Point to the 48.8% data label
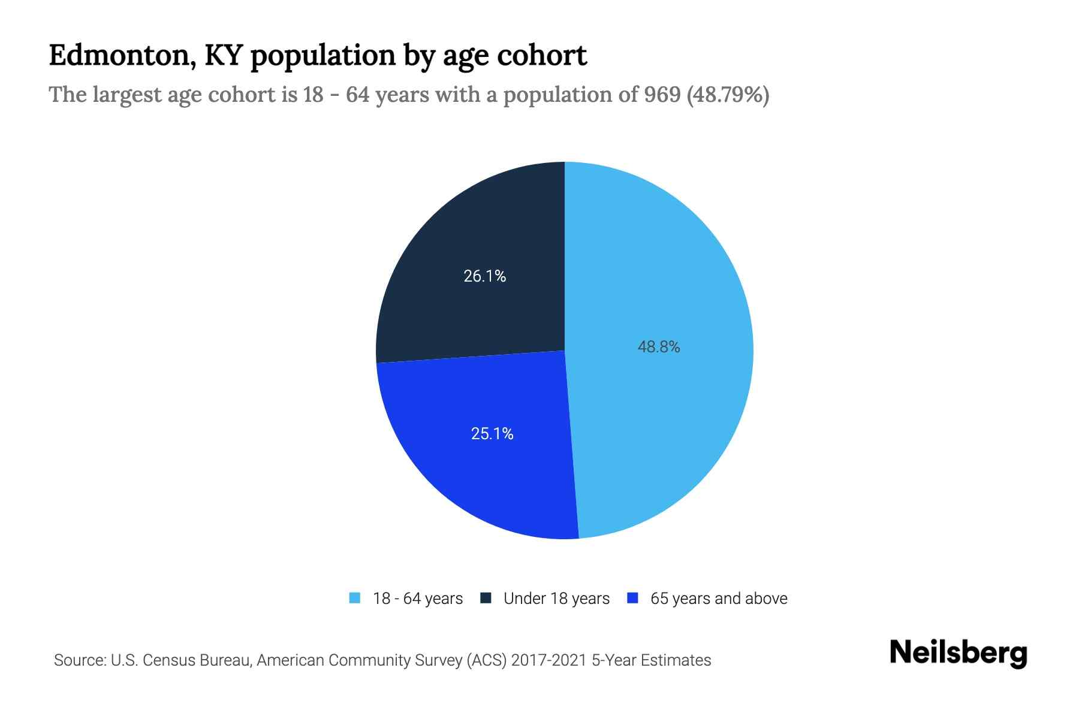coord(659,347)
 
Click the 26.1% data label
coord(484,276)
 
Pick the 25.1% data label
coord(492,434)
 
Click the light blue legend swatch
coord(355,598)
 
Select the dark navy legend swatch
coord(486,598)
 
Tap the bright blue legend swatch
coord(632,598)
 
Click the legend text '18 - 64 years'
coord(418,599)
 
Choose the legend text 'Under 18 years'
coord(556,599)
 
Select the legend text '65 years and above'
coord(719,599)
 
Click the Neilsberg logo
coord(958,653)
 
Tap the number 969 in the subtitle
coord(662,95)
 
